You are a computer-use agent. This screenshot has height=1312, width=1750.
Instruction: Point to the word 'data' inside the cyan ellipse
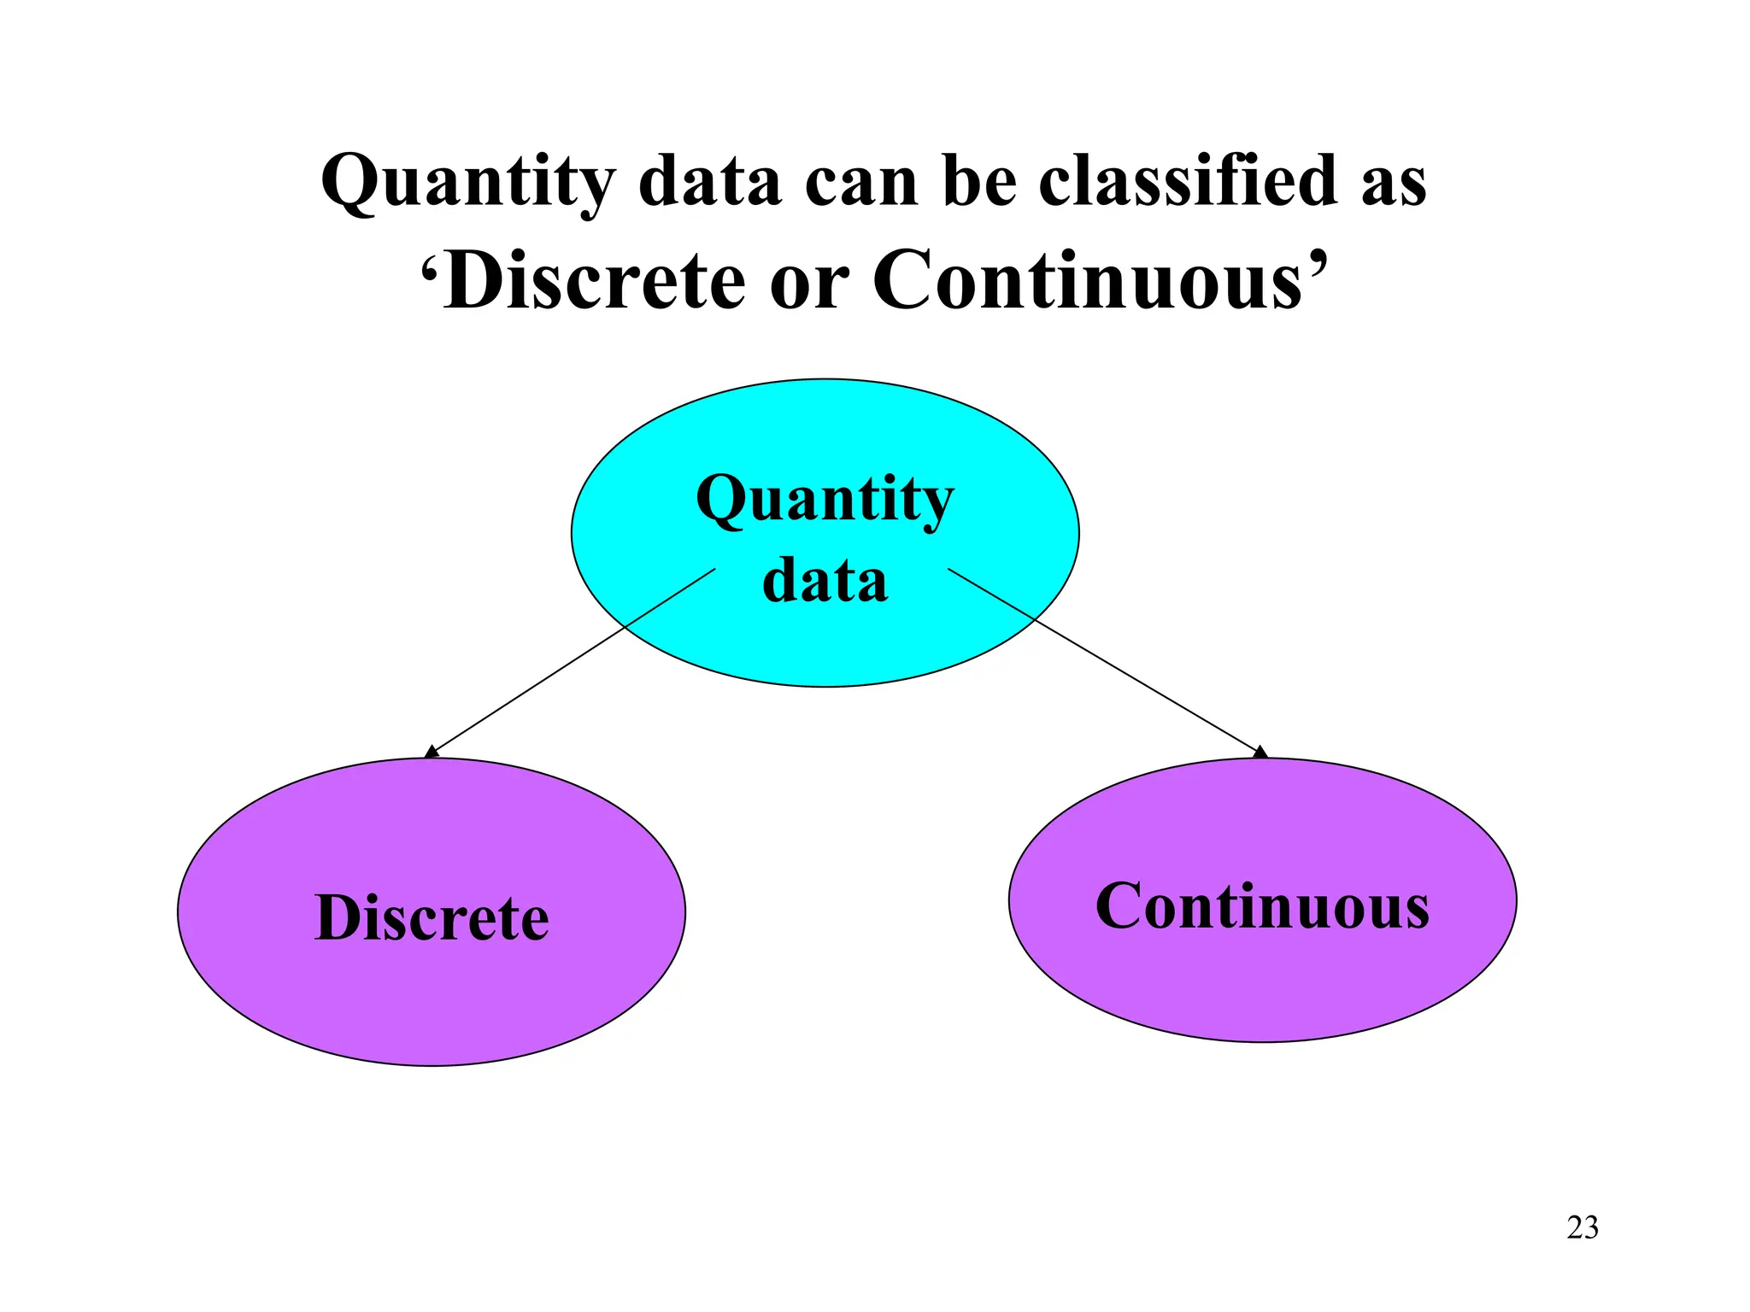pos(825,580)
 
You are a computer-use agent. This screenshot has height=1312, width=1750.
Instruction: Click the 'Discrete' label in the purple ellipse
pos(432,918)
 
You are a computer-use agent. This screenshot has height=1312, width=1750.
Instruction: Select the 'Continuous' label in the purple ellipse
pos(1262,906)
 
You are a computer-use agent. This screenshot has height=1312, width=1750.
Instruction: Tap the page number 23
pos(1583,1227)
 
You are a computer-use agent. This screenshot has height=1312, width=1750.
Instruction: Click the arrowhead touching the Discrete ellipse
pos(432,752)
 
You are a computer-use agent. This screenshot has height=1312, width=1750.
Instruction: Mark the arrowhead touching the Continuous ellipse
pos(1260,752)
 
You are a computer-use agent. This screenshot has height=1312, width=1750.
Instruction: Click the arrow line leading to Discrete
pos(573,660)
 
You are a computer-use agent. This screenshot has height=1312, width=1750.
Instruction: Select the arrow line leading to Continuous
pos(1102,659)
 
